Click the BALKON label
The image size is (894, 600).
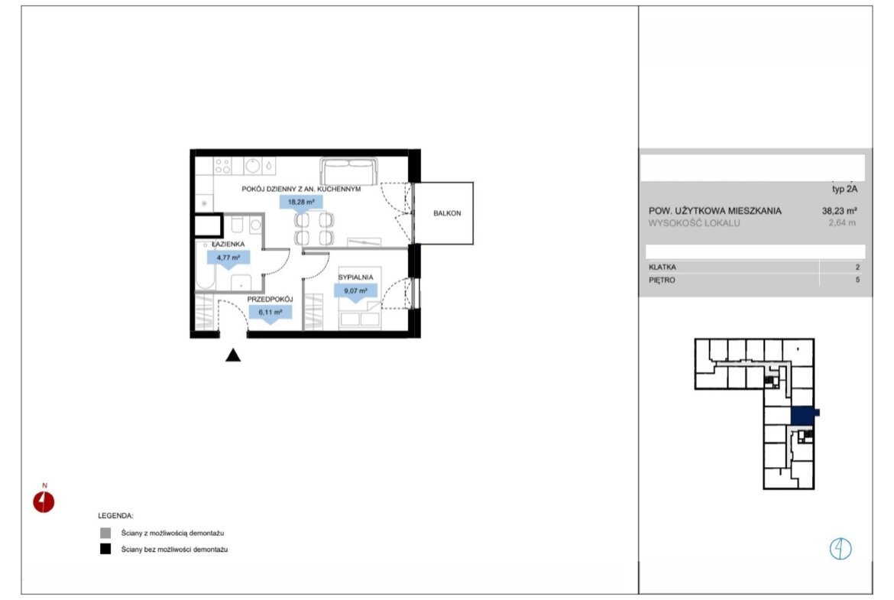point(447,213)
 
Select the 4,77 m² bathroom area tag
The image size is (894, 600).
point(228,258)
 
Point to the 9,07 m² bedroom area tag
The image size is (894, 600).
point(355,291)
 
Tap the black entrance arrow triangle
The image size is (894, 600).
point(232,356)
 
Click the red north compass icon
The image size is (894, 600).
point(44,502)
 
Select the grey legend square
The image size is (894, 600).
point(105,534)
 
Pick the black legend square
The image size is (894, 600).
point(105,550)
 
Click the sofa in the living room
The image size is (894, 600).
point(349,170)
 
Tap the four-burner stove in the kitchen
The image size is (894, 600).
point(222,166)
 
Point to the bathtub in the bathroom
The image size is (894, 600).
point(205,266)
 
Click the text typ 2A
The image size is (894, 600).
point(844,190)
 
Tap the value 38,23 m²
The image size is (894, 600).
point(839,210)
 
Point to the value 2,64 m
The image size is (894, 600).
point(842,223)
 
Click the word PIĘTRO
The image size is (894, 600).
point(662,280)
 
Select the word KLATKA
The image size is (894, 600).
point(662,267)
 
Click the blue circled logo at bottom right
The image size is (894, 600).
point(841,549)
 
